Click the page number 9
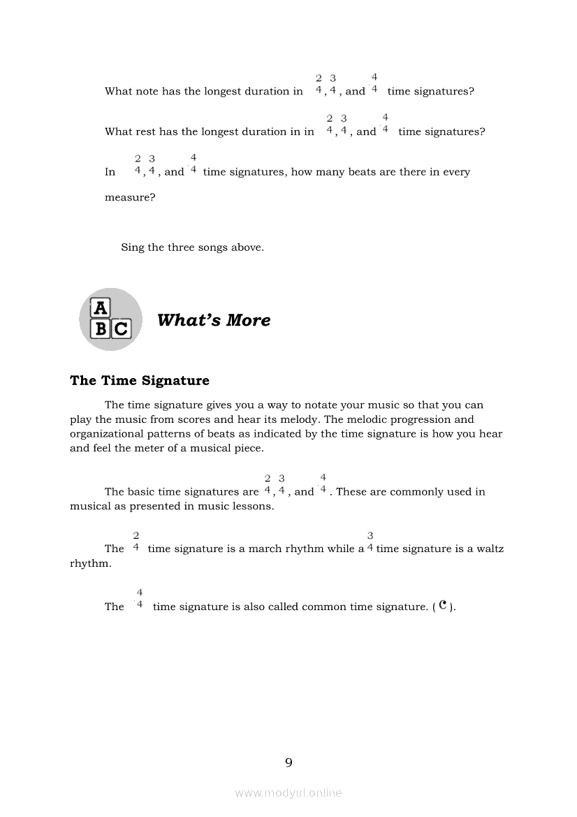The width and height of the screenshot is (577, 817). (x=288, y=762)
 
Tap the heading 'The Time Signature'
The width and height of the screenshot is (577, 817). (x=140, y=381)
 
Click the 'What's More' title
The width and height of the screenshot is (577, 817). (x=214, y=320)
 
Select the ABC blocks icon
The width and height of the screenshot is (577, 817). (x=110, y=319)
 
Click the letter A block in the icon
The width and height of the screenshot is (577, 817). (x=101, y=308)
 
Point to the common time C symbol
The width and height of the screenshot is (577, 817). (x=443, y=605)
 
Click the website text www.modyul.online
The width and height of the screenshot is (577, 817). (x=288, y=793)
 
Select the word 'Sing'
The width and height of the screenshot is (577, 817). (x=133, y=247)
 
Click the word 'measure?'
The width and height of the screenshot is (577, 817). (x=130, y=197)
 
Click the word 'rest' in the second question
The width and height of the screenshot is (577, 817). (x=149, y=132)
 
